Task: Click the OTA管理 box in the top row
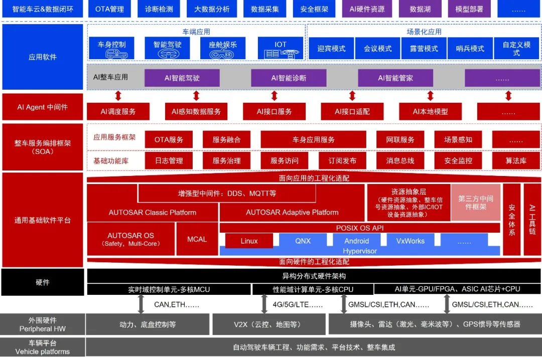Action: pyautogui.click(x=109, y=9)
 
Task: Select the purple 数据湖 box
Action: pyautogui.click(x=420, y=9)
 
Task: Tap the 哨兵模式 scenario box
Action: pyautogui.click(x=470, y=49)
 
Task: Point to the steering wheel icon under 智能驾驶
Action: pyautogui.click(x=168, y=54)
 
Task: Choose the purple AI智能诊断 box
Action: pyautogui.click(x=289, y=78)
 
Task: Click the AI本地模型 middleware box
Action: pyautogui.click(x=430, y=111)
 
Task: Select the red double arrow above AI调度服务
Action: pyautogui.click(x=118, y=96)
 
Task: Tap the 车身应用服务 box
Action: pyautogui.click(x=314, y=139)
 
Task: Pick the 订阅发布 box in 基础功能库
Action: pyautogui.click(x=342, y=160)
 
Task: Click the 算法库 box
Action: pyautogui.click(x=516, y=160)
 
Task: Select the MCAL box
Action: pyautogui.click(x=197, y=239)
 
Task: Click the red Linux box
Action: pyautogui.click(x=249, y=241)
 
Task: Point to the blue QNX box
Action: pyautogui.click(x=303, y=241)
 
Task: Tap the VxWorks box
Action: pyautogui.click(x=410, y=241)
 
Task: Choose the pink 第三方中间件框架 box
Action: pyautogui.click(x=476, y=203)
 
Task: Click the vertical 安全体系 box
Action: pyautogui.click(x=512, y=220)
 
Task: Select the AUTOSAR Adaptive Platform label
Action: pyautogui.click(x=292, y=212)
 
